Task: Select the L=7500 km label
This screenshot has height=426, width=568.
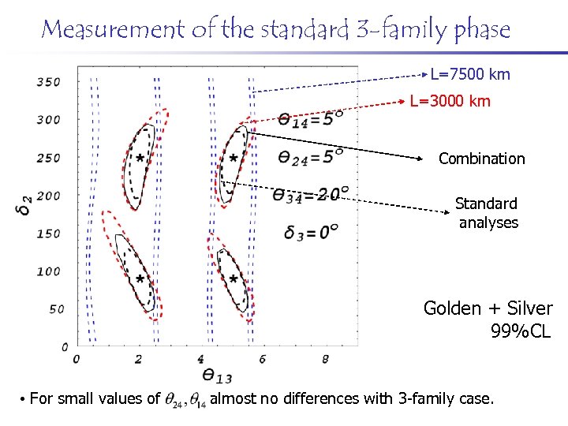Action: coord(470,75)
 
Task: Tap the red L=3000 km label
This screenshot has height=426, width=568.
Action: coord(450,102)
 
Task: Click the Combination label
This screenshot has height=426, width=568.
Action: coord(481,159)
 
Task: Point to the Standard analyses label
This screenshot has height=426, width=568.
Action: coord(488,213)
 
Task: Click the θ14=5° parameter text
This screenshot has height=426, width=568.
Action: coord(311,119)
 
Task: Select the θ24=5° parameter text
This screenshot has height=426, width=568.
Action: coord(311,156)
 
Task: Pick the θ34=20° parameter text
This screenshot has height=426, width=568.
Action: coord(311,193)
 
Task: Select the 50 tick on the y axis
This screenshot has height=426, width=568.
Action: coord(56,308)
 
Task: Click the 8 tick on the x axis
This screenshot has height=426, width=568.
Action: coord(326,360)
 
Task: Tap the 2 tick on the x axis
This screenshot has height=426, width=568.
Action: coord(139,360)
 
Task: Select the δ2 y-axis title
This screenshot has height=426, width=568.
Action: coord(27,207)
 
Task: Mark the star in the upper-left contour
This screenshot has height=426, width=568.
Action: coord(140,158)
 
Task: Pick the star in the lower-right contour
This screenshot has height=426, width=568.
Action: coord(234,279)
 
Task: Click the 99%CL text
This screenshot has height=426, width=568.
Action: coord(520,331)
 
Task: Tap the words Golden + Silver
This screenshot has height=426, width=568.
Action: coord(488,308)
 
